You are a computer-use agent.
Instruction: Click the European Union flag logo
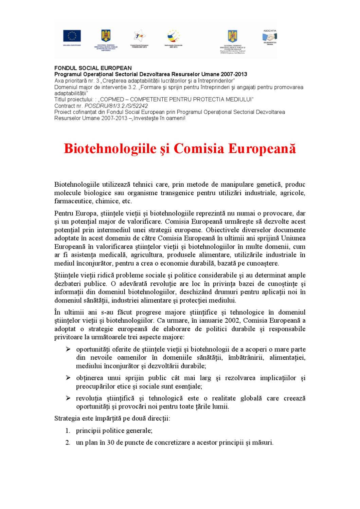72,36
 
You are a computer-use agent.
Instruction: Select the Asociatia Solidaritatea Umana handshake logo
270,36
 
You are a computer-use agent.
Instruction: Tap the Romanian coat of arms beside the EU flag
106,36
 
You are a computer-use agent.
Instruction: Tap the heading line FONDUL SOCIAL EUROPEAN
93,68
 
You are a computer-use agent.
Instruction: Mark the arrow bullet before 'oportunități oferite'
68,349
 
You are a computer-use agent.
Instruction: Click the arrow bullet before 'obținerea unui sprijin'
68,378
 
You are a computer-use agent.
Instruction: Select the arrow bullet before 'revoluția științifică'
68,398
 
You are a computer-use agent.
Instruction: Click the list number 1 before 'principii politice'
68,431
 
